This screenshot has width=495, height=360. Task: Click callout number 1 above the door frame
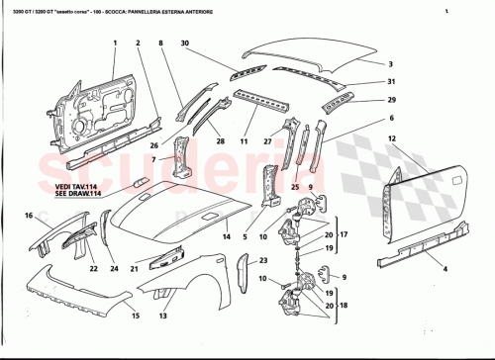pos(114,43)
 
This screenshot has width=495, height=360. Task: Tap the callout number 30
pos(184,43)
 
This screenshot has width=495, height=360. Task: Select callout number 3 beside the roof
pos(390,62)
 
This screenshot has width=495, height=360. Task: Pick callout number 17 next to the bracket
pos(346,234)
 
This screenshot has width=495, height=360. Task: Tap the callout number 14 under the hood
pos(226,237)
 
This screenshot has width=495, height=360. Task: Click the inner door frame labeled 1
pos(94,109)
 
